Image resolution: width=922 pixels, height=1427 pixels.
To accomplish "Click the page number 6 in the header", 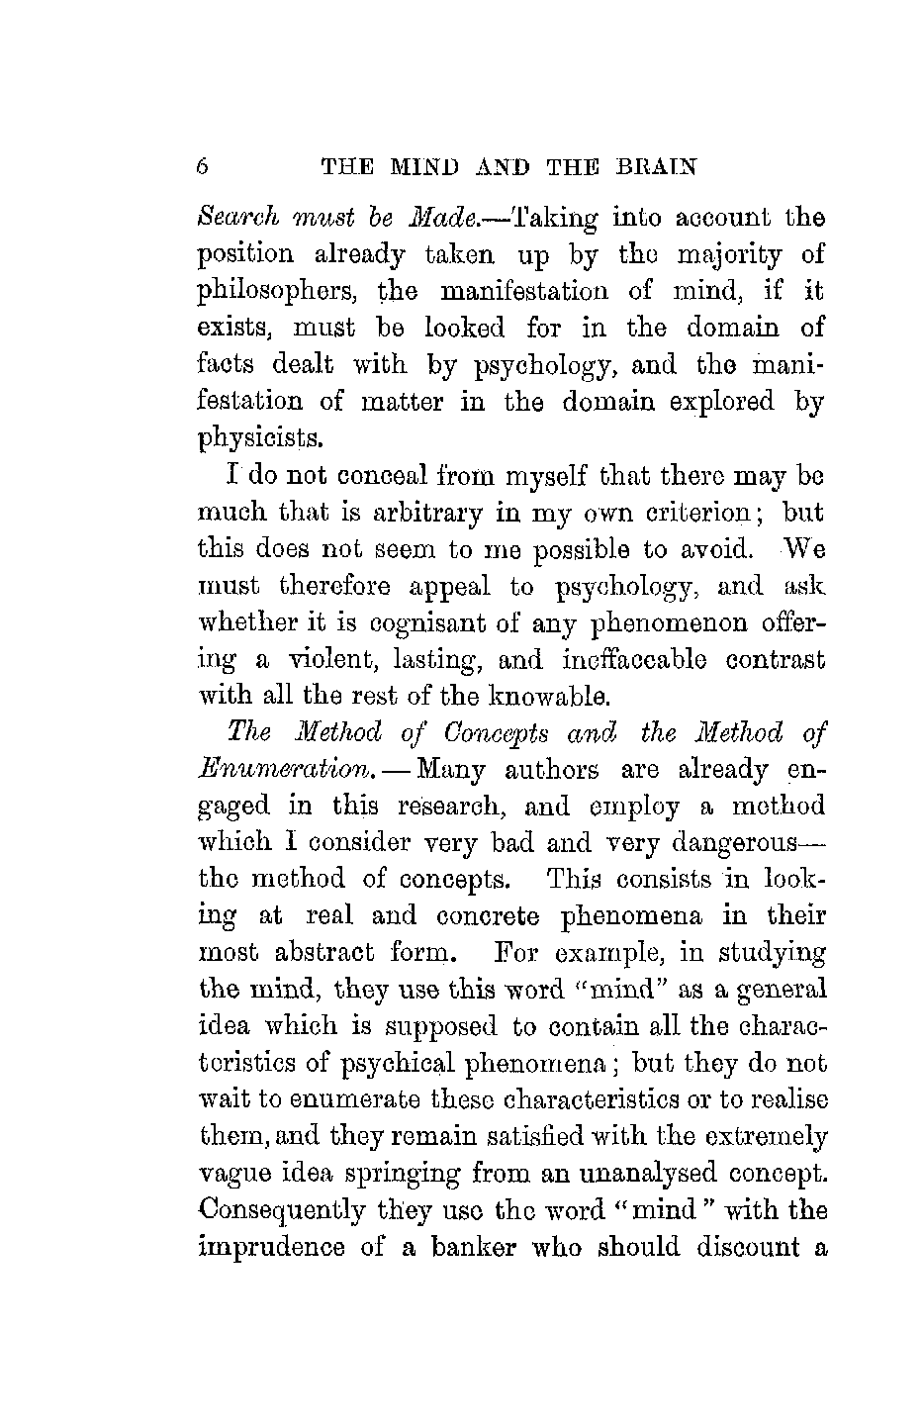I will tap(203, 166).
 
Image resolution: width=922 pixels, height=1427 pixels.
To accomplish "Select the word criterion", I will tap(706, 514).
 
